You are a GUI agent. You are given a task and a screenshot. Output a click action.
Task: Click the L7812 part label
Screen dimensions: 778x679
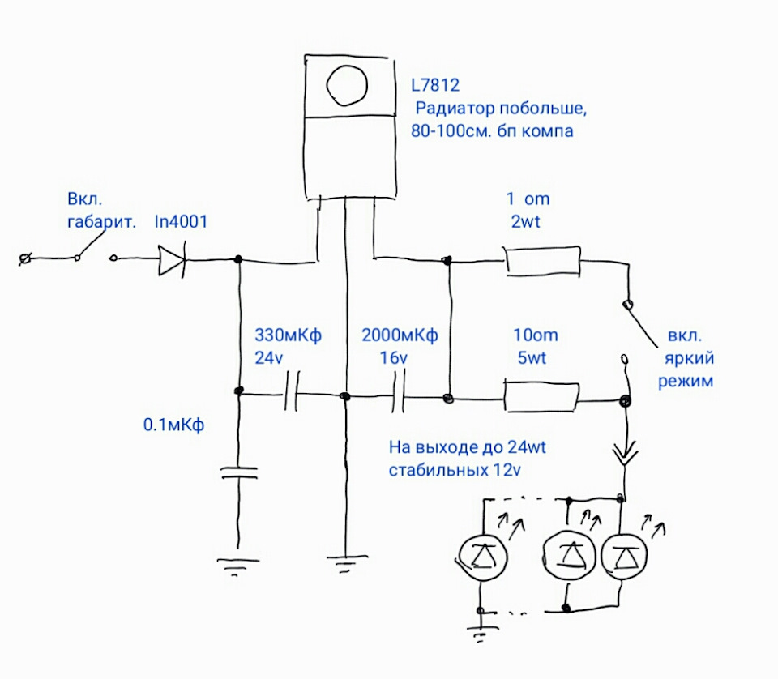pyautogui.click(x=435, y=85)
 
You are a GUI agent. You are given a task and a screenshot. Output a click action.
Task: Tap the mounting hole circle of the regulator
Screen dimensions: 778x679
pyautogui.click(x=347, y=85)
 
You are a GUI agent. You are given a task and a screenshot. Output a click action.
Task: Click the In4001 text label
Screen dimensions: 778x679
pyautogui.click(x=181, y=222)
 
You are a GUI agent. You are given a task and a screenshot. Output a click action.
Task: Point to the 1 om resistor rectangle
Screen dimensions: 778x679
pyautogui.click(x=543, y=261)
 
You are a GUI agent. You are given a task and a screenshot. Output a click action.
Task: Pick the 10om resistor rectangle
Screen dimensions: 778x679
pyautogui.click(x=542, y=397)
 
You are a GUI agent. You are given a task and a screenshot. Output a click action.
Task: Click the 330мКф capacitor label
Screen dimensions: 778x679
pyautogui.click(x=288, y=335)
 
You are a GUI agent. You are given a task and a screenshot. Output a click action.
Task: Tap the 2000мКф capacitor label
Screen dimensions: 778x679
pyautogui.click(x=400, y=335)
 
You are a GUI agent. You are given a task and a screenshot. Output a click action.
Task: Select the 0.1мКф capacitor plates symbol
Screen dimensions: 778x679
pyautogui.click(x=239, y=472)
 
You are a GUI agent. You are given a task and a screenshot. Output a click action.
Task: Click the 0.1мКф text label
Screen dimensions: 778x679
pyautogui.click(x=173, y=425)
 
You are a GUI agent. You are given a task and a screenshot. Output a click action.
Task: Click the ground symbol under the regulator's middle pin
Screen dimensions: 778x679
pyautogui.click(x=347, y=564)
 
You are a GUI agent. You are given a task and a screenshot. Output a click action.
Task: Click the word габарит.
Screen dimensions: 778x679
pyautogui.click(x=101, y=222)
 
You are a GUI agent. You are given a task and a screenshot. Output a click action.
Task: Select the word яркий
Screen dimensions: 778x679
pyautogui.click(x=689, y=358)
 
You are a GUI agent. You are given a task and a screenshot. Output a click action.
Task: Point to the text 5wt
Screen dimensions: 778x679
pyautogui.click(x=532, y=358)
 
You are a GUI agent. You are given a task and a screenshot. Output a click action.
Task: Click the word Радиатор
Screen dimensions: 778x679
pyautogui.click(x=455, y=109)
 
